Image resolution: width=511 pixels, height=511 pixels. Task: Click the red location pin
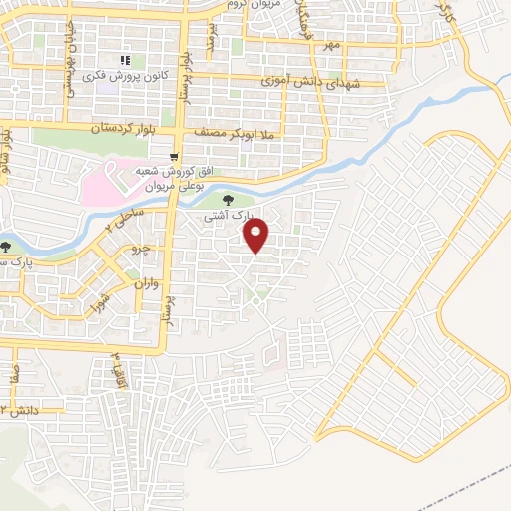(x=257, y=236)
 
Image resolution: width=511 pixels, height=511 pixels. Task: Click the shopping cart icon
(x=175, y=157)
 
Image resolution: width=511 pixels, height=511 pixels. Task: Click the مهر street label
(x=331, y=46)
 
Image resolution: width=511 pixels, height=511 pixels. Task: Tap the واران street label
(x=147, y=285)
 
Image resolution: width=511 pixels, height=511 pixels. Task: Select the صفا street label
(x=13, y=375)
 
